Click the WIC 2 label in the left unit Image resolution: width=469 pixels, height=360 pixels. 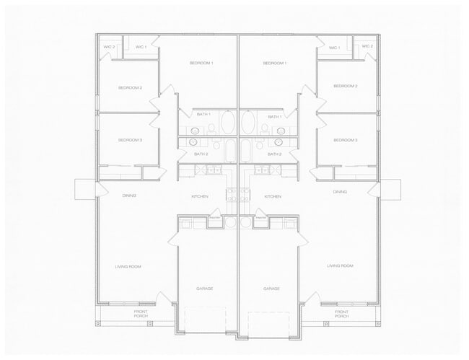point(110,47)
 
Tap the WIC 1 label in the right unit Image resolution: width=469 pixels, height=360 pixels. point(334,48)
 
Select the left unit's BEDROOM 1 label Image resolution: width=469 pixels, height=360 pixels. point(201,63)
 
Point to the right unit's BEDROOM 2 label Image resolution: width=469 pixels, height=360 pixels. point(345,86)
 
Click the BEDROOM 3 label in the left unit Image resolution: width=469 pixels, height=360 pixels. point(130,139)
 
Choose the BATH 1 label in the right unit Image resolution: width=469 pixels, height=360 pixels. point(274,116)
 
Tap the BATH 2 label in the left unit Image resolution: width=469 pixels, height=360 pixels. point(201,154)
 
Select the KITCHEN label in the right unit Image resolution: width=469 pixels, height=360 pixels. point(273,196)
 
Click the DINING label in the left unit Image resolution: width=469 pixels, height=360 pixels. point(129,196)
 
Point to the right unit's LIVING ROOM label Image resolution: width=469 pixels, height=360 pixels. point(340,266)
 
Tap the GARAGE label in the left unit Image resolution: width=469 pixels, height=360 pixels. point(205,289)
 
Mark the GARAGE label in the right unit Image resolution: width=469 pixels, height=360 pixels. point(271,289)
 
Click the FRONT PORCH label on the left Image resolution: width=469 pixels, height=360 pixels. point(141,314)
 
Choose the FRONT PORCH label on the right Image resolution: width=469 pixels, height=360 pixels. point(341,314)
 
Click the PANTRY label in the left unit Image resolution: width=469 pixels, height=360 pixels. point(215,216)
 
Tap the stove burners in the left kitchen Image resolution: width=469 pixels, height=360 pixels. point(232,193)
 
